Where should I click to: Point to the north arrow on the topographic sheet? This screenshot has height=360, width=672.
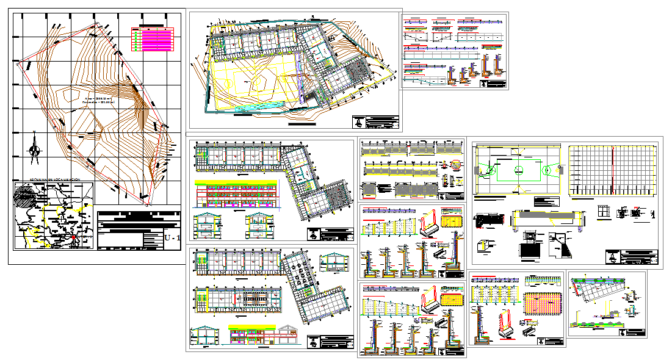[35, 147]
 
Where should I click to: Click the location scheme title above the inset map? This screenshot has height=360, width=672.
[51, 181]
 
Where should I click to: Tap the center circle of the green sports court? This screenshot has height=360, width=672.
[518, 168]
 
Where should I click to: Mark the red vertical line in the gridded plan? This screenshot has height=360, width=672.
[612, 170]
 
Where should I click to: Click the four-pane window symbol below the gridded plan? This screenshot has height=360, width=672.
[605, 211]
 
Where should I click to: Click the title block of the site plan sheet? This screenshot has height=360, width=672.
[375, 121]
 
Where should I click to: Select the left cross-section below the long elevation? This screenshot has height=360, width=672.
[208, 226]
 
